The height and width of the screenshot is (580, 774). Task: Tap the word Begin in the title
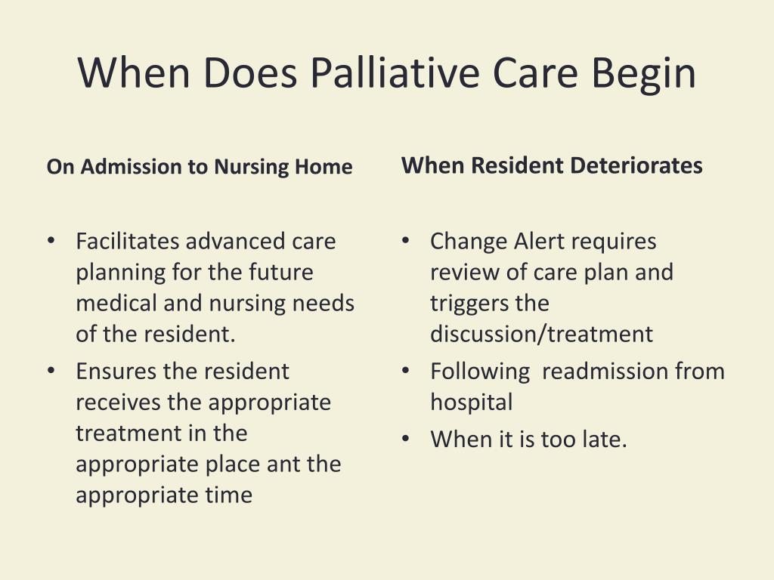[x=643, y=74]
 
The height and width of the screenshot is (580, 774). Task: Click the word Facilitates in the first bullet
[x=128, y=242]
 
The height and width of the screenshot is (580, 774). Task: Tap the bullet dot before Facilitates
[x=51, y=241]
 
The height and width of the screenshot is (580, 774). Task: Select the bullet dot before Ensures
[x=51, y=371]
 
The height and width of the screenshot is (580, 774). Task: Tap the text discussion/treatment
[x=541, y=334]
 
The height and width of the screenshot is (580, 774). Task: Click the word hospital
[x=471, y=403]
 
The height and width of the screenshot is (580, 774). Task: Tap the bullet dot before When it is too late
[x=406, y=439]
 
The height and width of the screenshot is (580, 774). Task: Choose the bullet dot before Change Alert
[x=406, y=241]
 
